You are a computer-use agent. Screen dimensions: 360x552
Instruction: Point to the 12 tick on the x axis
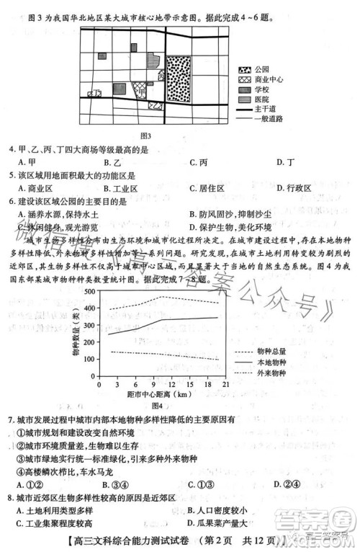(170, 386)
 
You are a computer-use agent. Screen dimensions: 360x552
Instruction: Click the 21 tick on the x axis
(225, 386)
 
